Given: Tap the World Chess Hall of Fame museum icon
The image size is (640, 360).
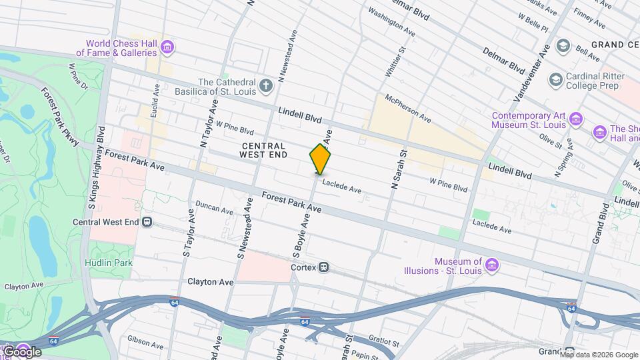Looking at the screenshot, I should click(x=167, y=47).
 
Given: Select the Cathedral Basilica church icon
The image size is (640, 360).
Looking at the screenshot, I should click(x=266, y=85).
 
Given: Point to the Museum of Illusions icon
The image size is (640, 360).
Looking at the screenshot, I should click(x=492, y=266).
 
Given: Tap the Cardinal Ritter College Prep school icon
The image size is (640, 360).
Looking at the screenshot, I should click(x=555, y=80).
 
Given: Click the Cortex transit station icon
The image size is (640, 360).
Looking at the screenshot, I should click(x=324, y=267).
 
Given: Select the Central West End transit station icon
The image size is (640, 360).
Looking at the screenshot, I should click(x=147, y=222).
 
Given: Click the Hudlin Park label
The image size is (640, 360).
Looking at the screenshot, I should click(x=108, y=263).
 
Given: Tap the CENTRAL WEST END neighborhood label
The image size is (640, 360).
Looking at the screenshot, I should click(x=264, y=150).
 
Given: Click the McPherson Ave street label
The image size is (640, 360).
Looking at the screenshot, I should click(x=407, y=107).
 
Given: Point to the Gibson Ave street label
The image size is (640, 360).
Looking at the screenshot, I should click(x=145, y=342).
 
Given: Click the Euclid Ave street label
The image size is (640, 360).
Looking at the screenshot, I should click(x=155, y=101).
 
